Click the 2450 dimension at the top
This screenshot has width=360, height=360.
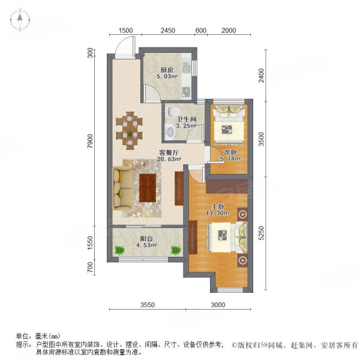(x=167, y=31)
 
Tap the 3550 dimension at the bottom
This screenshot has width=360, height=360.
(x=148, y=305)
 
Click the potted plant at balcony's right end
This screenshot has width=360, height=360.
(x=176, y=250)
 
